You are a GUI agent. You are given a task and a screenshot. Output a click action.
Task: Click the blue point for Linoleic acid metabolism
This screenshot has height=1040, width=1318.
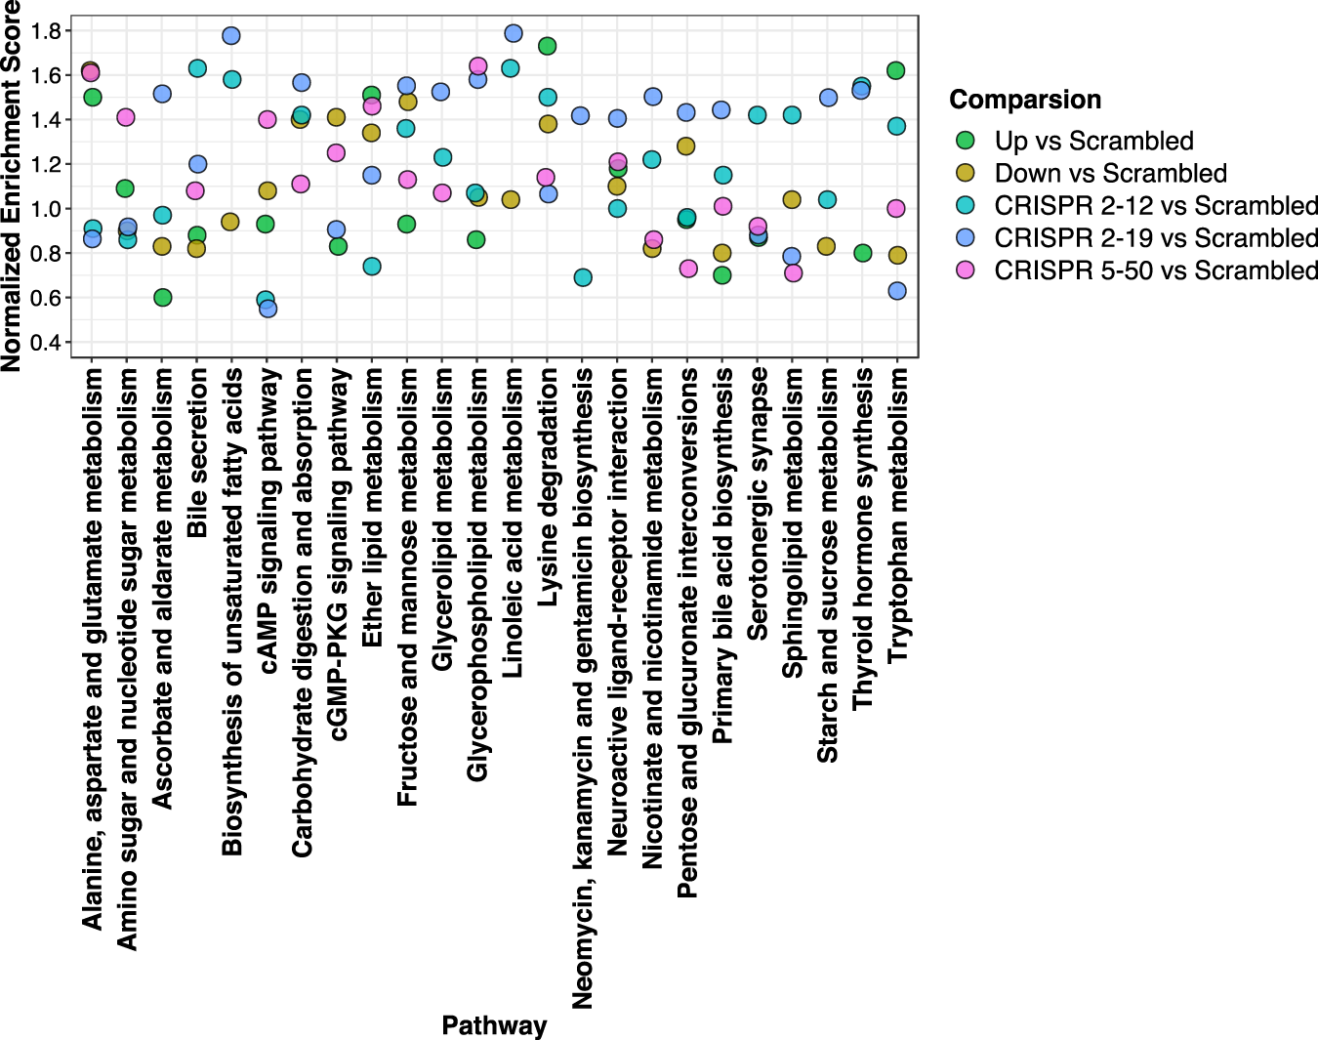click(514, 33)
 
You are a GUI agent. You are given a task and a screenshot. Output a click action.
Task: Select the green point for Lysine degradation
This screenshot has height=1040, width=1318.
click(548, 46)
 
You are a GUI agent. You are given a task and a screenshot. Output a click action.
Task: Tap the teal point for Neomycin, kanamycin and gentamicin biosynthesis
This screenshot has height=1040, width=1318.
click(583, 277)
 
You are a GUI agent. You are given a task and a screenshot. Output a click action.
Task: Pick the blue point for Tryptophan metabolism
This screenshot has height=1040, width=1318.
click(897, 291)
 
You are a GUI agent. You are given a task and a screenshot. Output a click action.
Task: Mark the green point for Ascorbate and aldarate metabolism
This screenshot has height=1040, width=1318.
click(163, 297)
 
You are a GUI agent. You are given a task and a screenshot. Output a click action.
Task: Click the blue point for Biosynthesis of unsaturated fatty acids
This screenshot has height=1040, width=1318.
click(231, 35)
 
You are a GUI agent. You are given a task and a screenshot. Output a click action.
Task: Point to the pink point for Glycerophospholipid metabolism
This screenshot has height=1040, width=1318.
click(478, 66)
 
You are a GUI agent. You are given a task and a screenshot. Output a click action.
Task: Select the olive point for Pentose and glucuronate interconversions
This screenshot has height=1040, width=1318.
click(686, 146)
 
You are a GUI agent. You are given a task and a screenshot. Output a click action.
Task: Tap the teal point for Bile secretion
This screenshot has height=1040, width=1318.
click(197, 68)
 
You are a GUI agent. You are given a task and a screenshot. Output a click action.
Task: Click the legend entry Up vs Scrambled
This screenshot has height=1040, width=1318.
click(1093, 141)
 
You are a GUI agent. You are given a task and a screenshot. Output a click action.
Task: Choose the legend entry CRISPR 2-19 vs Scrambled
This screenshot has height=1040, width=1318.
click(1156, 238)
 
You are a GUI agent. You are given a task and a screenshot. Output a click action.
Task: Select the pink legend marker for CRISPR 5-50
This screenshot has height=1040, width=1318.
click(966, 270)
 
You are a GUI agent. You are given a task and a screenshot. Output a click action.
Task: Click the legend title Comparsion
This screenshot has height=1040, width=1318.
click(1025, 100)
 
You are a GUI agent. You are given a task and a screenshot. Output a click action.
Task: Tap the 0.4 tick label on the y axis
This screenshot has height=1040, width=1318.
click(46, 343)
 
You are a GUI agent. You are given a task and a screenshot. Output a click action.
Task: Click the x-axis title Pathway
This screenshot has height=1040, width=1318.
click(494, 1025)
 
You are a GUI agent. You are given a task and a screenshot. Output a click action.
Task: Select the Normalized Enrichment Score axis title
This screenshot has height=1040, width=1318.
click(11, 186)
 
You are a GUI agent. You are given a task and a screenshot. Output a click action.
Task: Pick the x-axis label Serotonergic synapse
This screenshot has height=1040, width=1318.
click(758, 504)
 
